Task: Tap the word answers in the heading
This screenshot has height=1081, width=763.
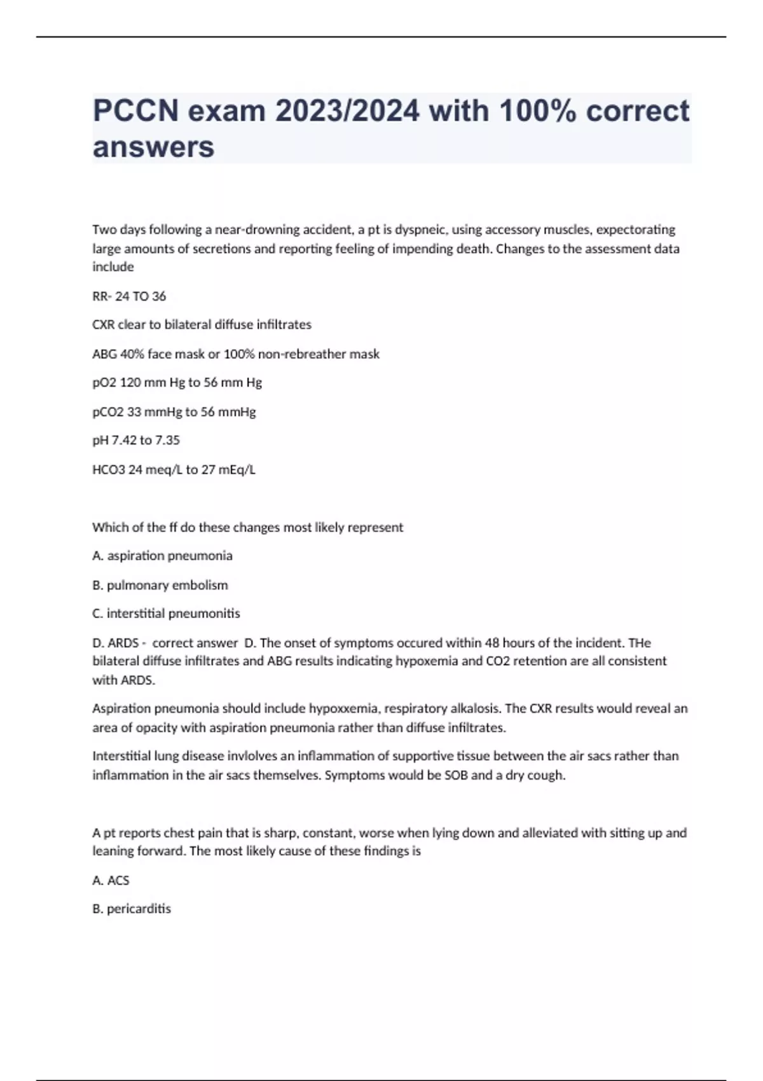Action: point(153,147)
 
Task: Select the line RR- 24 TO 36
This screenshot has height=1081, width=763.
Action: point(129,296)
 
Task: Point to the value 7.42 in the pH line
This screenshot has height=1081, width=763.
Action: point(124,440)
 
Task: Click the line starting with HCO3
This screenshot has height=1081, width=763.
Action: point(174,470)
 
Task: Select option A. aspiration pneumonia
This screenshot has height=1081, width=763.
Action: point(162,556)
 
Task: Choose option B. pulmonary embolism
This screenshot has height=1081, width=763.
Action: point(160,585)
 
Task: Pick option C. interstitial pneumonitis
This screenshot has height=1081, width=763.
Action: point(166,614)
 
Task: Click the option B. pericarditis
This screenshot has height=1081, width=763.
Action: point(132,909)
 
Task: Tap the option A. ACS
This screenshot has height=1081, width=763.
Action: point(111,881)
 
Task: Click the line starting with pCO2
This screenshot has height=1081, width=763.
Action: point(174,412)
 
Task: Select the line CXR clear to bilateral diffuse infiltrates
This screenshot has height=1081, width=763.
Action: point(202,325)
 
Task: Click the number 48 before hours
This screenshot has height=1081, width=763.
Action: point(492,643)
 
